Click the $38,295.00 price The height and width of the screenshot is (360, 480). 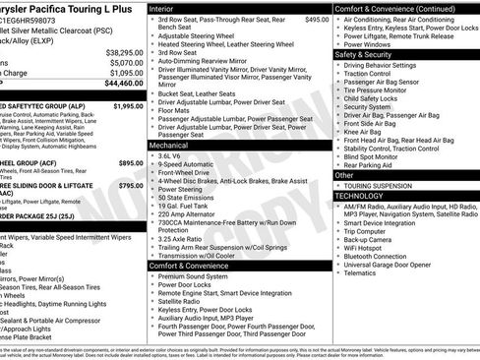point(124,52)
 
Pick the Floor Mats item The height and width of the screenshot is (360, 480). point(175,112)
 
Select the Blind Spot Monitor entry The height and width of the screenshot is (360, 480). point(379,156)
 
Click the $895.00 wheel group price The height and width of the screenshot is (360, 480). point(130,162)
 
